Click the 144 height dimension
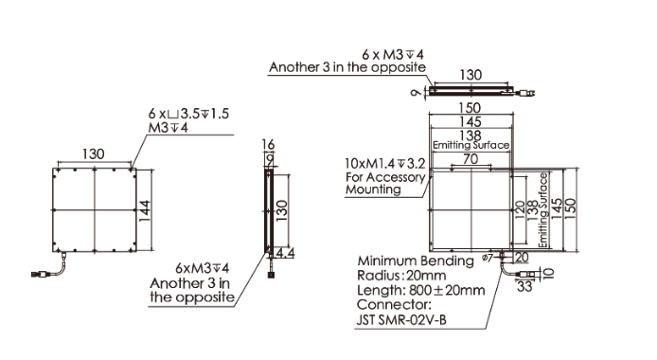[145, 211]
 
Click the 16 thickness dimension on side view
[268, 144]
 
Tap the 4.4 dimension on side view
[285, 253]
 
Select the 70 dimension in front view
[471, 159]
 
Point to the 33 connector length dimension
[524, 286]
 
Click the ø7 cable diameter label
[488, 258]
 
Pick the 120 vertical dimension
[520, 210]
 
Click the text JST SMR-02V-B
[401, 320]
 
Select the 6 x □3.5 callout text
[188, 114]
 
